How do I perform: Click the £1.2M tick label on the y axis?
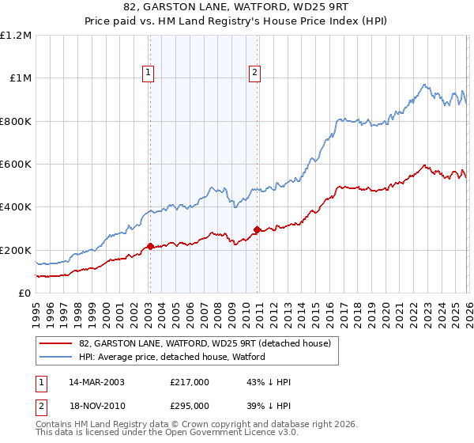click(x=16, y=36)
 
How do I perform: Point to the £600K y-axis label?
click(x=16, y=165)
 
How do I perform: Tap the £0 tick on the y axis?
click(x=24, y=293)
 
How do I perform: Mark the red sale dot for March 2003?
click(x=150, y=247)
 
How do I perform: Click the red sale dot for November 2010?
click(x=257, y=230)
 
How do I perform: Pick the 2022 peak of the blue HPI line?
click(x=424, y=85)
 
